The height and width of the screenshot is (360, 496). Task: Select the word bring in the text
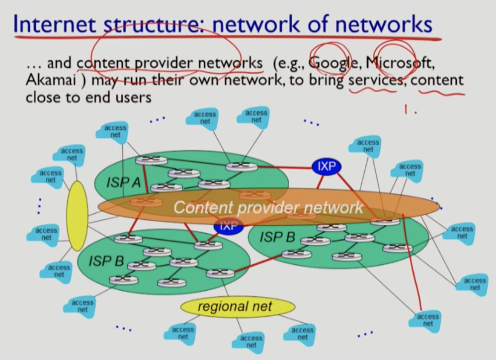coord(325,80)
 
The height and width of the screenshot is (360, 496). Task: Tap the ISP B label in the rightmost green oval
coord(277,237)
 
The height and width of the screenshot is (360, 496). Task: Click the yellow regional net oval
coord(236,307)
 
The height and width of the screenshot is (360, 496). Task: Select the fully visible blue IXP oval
coord(327,167)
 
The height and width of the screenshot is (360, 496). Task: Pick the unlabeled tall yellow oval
coord(77,215)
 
